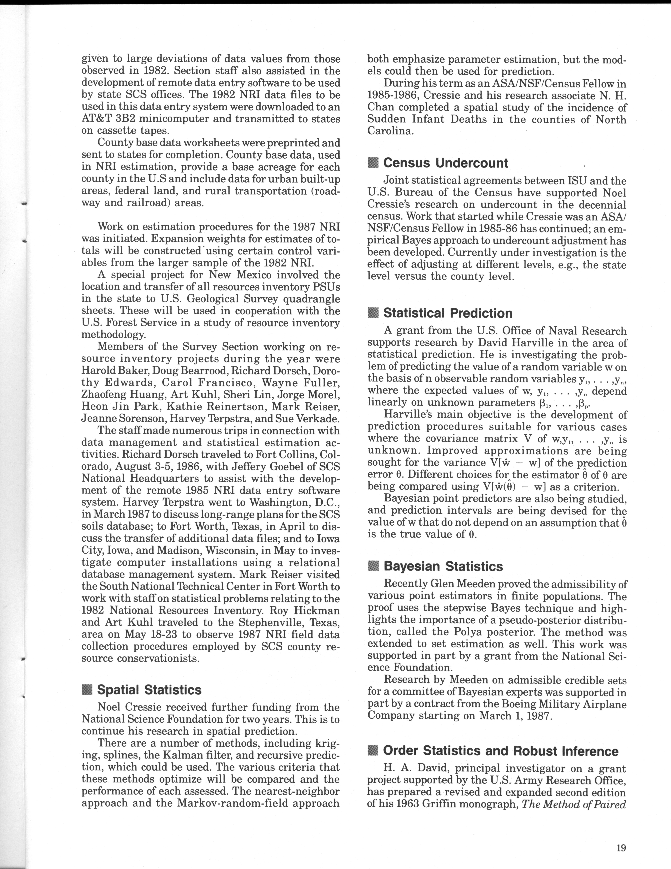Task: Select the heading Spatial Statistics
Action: point(149,690)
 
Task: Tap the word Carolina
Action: point(390,131)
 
